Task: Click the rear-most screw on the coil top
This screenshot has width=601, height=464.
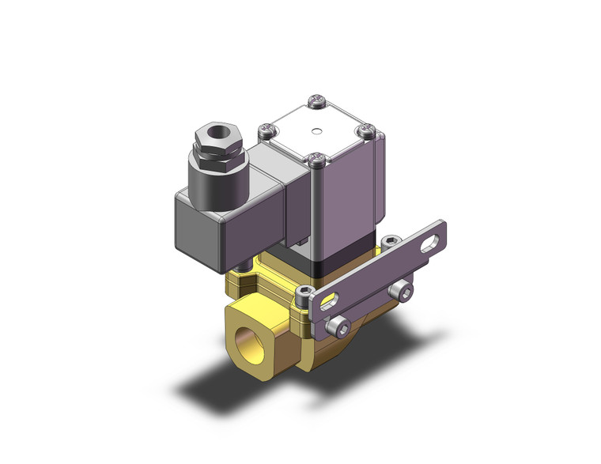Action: coord(316,100)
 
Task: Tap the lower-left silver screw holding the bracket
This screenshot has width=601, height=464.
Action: coord(340,323)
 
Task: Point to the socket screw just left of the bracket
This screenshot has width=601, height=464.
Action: coord(306,294)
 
